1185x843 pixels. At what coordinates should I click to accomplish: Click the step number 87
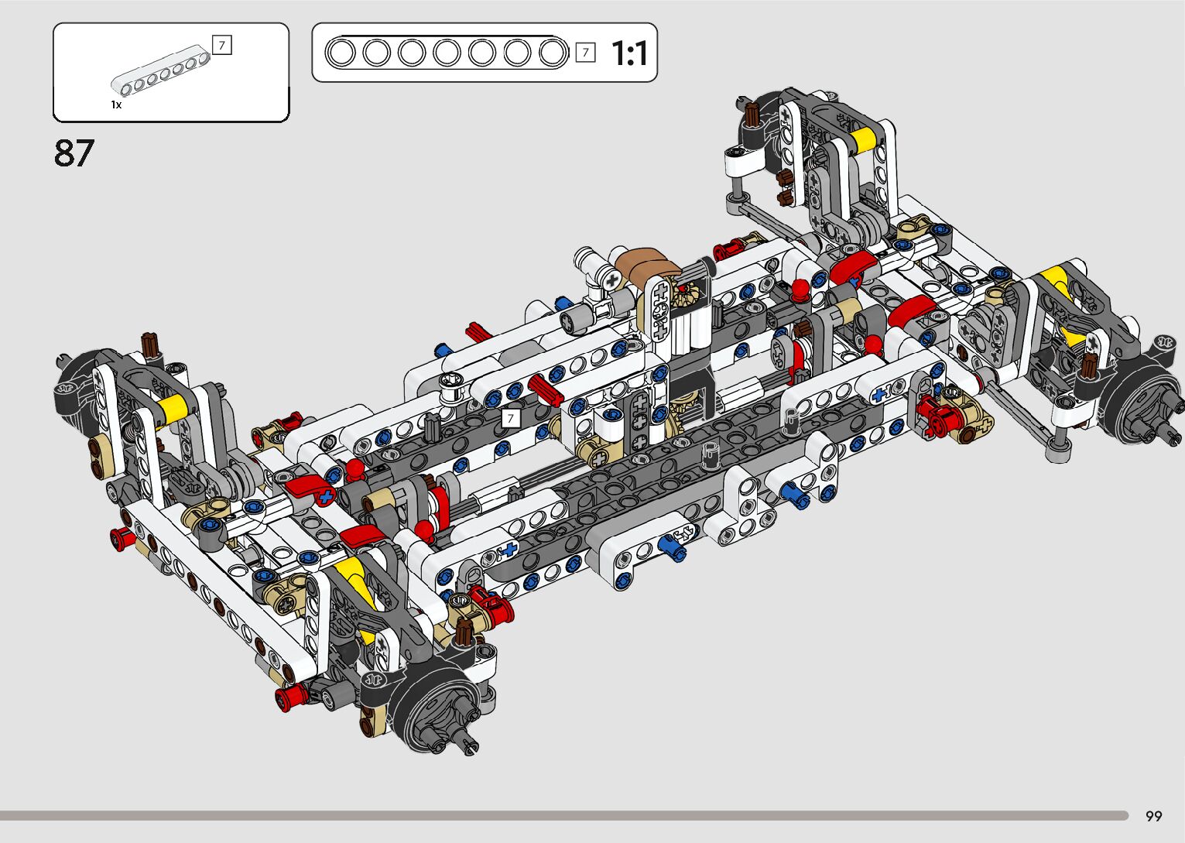[74, 153]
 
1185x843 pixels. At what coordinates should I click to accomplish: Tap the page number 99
[1154, 816]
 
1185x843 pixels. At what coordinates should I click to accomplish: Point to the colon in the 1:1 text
[630, 54]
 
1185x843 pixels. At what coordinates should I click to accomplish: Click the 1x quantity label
[116, 105]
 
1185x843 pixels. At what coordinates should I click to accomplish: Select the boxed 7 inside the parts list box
[221, 45]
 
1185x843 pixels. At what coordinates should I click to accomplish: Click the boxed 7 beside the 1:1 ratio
[586, 53]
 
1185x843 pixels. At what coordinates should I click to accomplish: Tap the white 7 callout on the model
[511, 419]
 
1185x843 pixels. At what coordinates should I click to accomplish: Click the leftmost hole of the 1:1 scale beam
[341, 53]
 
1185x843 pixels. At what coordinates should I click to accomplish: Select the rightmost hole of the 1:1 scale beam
[553, 53]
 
